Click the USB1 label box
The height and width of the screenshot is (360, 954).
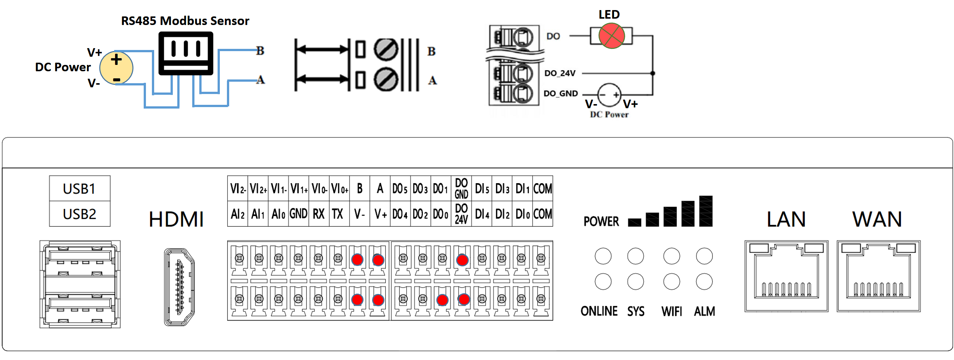click(79, 188)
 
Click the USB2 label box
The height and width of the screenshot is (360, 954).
click(79, 214)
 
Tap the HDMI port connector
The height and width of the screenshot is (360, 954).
click(180, 287)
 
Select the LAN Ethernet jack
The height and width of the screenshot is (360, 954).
click(786, 276)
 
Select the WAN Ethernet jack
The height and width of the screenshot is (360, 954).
click(878, 276)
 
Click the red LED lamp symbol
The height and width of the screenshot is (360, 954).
click(611, 36)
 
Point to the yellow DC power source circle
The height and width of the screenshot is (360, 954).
click(116, 68)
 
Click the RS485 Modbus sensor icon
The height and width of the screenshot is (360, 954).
click(185, 53)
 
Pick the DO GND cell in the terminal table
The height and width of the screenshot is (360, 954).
click(461, 188)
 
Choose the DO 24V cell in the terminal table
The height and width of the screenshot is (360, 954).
click(461, 214)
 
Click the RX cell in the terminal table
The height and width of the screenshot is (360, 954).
click(318, 214)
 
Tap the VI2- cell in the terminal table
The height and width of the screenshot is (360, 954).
click(237, 188)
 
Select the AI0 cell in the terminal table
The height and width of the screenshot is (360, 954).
click(278, 214)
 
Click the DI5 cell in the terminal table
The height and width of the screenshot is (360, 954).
click(481, 188)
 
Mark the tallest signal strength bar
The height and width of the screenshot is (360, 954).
click(705, 211)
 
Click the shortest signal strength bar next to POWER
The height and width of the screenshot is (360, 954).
click(635, 222)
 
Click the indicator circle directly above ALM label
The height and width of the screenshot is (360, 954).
click(704, 281)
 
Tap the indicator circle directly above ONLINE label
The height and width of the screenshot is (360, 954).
click(603, 281)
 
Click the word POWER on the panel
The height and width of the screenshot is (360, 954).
click(601, 221)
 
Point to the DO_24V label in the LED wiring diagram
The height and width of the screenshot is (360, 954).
click(559, 73)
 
